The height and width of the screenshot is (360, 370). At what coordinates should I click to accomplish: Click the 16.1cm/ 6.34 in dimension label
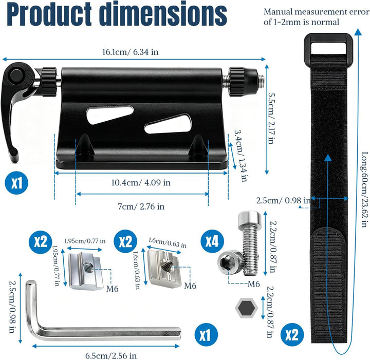coord(130,52)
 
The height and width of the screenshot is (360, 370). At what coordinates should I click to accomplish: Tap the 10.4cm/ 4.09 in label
coord(141,182)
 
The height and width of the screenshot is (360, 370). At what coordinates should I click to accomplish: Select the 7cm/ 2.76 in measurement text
coord(141,206)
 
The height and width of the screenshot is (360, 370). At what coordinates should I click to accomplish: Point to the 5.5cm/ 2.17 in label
coord(271,118)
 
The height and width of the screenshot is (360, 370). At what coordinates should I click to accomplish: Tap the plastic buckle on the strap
coord(328,49)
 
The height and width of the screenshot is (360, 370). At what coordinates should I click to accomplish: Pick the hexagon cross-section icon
coord(246,308)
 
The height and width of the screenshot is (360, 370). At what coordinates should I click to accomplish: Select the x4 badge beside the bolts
coord(212,241)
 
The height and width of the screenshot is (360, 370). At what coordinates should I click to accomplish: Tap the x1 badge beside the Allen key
coord(206,334)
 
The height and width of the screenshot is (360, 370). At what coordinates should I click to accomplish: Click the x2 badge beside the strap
coord(292,334)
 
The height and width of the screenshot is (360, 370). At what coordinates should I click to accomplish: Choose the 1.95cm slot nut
coord(86,271)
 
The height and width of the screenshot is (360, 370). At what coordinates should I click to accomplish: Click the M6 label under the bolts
coord(254,284)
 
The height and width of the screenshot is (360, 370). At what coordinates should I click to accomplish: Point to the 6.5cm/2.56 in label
coord(111,355)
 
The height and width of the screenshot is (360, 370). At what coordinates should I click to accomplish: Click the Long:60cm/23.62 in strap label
coord(364,190)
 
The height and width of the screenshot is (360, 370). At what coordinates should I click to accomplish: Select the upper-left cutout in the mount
coord(110,115)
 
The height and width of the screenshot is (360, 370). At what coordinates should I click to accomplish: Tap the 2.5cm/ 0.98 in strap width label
coord(283,200)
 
